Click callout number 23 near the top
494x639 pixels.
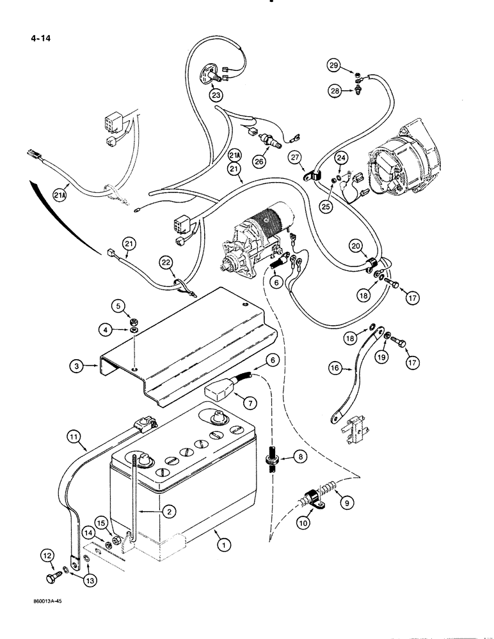[x=214, y=95]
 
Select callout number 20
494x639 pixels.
[x=355, y=245]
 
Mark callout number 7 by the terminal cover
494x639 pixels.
[x=234, y=402]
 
